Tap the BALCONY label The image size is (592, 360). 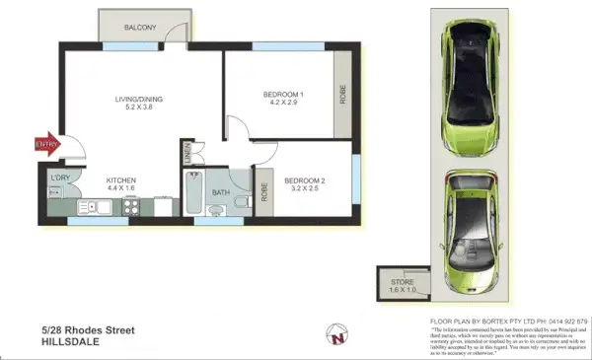click(141, 28)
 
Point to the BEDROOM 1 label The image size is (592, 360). click(282, 97)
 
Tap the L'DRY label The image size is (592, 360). click(61, 178)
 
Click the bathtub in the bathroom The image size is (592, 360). click(193, 195)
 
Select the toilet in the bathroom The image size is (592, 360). click(241, 205)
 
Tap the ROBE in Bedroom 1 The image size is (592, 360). click(342, 96)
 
